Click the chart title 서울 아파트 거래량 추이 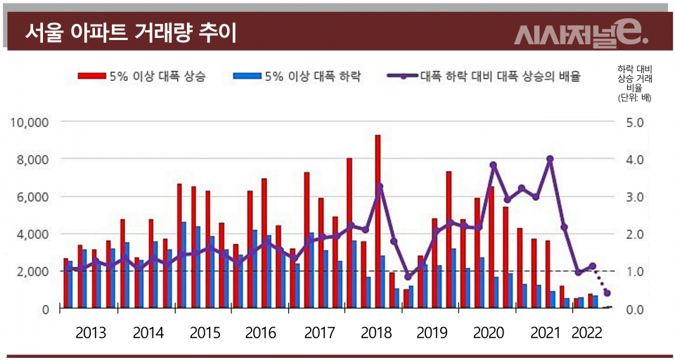(130, 32)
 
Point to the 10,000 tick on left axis (30, 122)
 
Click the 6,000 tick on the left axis (32, 197)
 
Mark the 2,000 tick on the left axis (32, 271)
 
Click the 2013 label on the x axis (91, 333)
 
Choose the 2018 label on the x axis (376, 333)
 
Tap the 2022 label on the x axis (589, 333)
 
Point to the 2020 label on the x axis (491, 333)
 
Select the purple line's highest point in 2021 (550, 159)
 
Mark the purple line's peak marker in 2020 (494, 165)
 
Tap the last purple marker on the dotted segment (607, 293)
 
